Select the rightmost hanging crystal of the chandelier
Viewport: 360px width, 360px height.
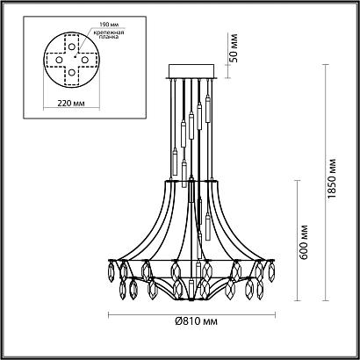278,285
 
